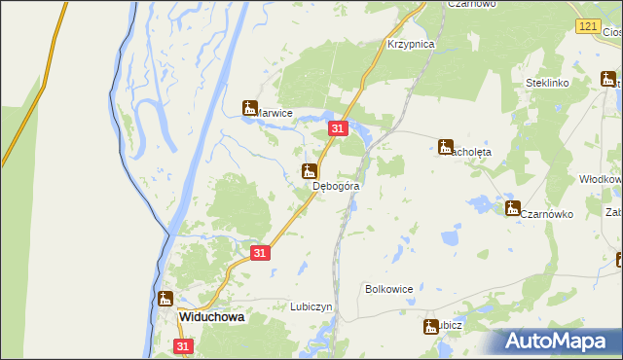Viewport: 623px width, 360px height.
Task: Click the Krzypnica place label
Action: (x=410, y=45)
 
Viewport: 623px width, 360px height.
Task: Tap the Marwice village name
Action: (x=274, y=113)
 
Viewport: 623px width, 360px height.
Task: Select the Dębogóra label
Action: (x=337, y=185)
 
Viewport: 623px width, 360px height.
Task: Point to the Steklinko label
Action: (x=546, y=84)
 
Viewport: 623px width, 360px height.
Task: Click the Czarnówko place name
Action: (x=546, y=214)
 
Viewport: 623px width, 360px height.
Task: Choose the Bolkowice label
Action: (x=389, y=289)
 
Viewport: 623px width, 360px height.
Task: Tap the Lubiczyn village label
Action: (x=311, y=306)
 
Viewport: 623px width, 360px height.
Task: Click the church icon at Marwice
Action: (x=250, y=107)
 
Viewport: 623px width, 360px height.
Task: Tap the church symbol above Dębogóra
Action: (x=310, y=171)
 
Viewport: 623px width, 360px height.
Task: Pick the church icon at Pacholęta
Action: (x=446, y=147)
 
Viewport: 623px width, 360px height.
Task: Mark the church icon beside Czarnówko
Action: (x=512, y=207)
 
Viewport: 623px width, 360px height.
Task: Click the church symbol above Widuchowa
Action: (x=166, y=299)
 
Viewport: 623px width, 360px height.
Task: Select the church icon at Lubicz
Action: (x=429, y=327)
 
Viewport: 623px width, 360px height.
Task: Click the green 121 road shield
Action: (x=586, y=27)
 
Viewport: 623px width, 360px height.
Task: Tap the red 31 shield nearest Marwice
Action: (x=338, y=128)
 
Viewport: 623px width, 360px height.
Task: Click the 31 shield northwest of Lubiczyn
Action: (x=259, y=252)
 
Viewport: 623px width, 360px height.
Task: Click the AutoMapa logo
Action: (x=556, y=341)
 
